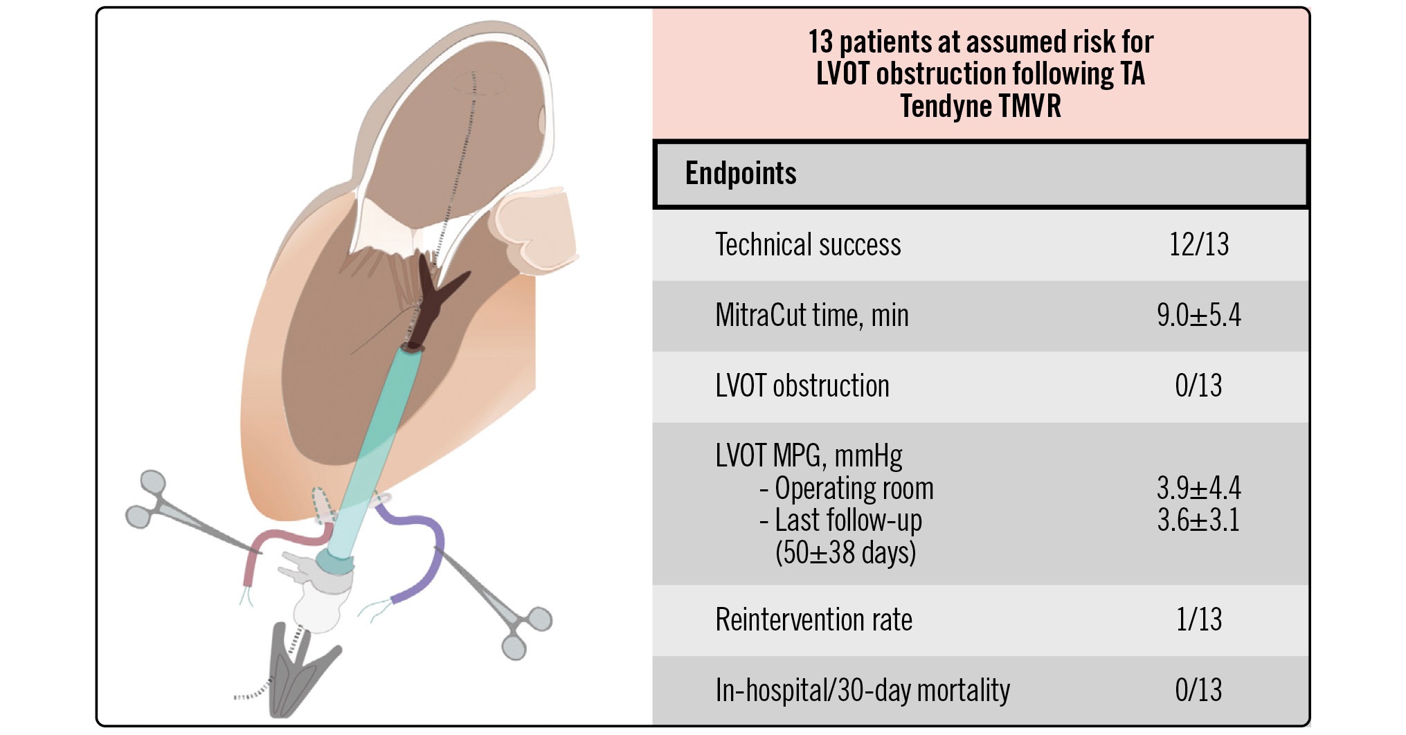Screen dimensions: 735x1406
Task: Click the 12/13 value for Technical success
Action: tap(1198, 244)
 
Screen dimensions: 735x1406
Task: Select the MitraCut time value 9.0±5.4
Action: tap(1198, 316)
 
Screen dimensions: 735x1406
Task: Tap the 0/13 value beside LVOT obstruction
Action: tap(1198, 385)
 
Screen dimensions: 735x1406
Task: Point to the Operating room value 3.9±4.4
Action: tap(1198, 489)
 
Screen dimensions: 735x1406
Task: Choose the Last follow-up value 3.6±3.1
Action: tap(1198, 520)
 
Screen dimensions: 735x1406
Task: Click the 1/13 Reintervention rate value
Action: tap(1198, 619)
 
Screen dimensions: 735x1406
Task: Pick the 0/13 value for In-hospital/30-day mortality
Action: tap(1198, 690)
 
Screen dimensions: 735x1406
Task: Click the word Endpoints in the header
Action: tap(740, 173)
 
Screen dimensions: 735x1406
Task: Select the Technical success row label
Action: tap(807, 245)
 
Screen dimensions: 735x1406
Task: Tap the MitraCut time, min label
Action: tap(811, 316)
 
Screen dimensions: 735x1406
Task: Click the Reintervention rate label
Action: tap(813, 620)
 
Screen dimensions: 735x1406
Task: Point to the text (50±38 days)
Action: tap(845, 553)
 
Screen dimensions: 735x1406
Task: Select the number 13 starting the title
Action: tap(821, 42)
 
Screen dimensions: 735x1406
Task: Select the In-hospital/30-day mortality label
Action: tap(862, 691)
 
